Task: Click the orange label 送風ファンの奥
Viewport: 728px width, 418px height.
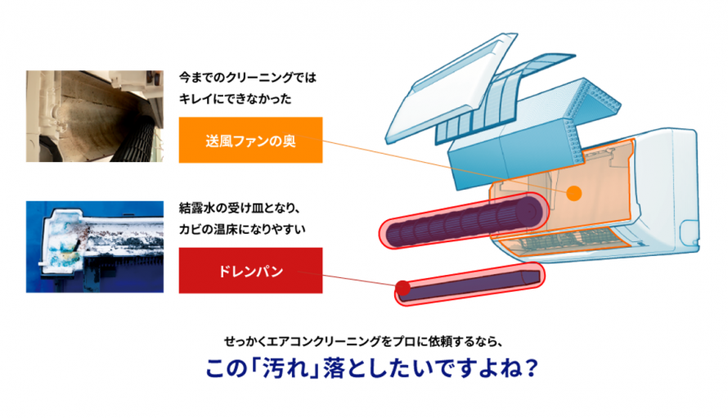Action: pyautogui.click(x=250, y=140)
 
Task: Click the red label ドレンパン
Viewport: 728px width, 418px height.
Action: pyautogui.click(x=250, y=269)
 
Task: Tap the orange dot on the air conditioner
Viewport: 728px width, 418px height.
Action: pyautogui.click(x=573, y=194)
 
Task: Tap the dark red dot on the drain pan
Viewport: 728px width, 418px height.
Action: pyautogui.click(x=402, y=287)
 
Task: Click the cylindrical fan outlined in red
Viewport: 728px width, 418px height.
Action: pyautogui.click(x=462, y=221)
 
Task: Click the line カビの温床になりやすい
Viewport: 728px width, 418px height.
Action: pyautogui.click(x=241, y=228)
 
